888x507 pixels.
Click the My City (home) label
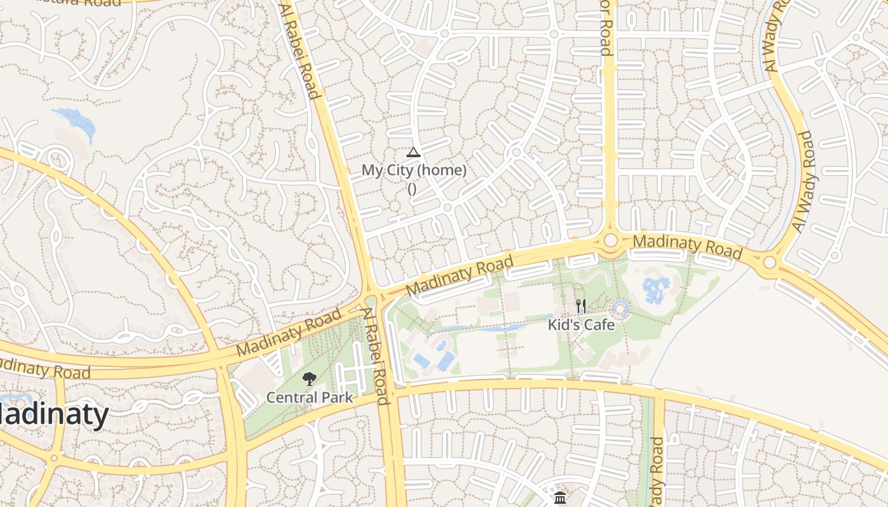coord(414,170)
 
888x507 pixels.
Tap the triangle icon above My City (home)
coord(414,152)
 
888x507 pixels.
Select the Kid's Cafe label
coord(582,324)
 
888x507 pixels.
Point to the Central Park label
coord(309,397)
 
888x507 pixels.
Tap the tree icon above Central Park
coord(309,379)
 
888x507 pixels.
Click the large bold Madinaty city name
coord(54,415)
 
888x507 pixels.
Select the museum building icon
coord(559,498)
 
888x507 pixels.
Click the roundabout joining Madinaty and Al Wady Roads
coord(769,262)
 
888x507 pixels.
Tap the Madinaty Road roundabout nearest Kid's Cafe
coord(611,241)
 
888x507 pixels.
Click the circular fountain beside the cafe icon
coord(620,309)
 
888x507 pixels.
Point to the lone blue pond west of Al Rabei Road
coord(76,120)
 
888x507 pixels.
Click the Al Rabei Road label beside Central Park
coord(375,356)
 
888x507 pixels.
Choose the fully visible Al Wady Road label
coord(802,181)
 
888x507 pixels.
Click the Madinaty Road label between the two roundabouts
coord(688,246)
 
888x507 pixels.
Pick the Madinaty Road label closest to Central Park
coord(289,332)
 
